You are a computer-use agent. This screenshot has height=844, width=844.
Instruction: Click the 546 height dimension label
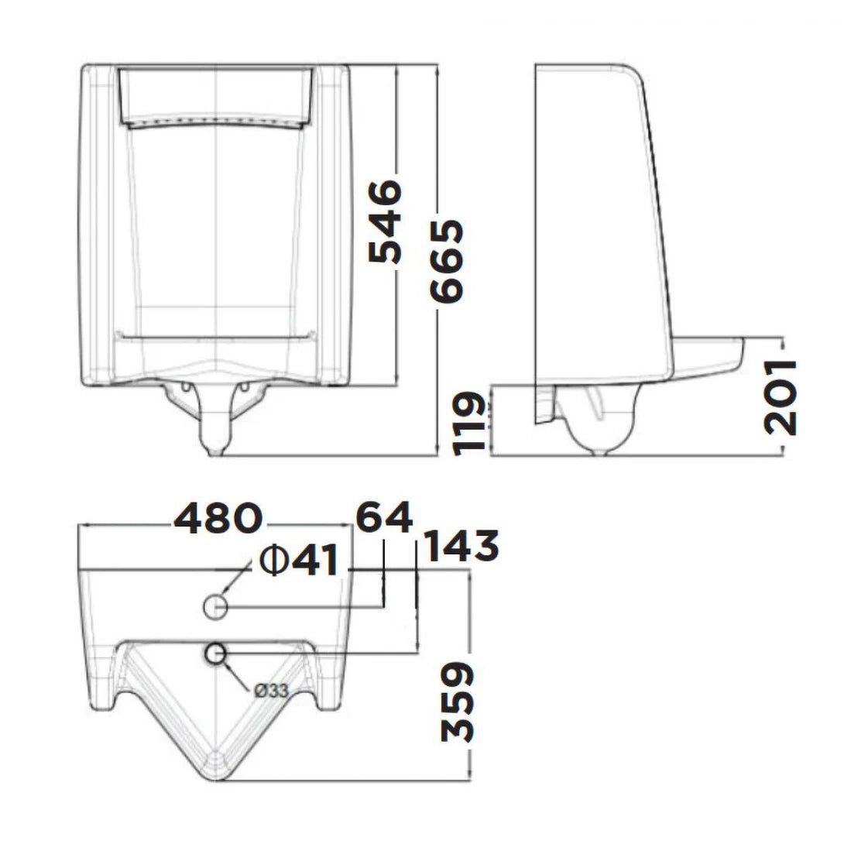pos(385,222)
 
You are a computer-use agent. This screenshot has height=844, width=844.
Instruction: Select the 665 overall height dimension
pos(448,261)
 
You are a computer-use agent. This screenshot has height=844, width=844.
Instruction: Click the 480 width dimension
pos(218,520)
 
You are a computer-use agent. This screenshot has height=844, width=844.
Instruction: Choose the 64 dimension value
pos(384,516)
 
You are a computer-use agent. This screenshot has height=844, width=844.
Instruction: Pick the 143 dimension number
pos(461,547)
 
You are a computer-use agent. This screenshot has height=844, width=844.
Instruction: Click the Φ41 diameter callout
pos(300,560)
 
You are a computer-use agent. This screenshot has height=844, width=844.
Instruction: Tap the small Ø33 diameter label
pos(270,691)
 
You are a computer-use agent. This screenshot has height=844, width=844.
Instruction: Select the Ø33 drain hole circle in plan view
pos(215,655)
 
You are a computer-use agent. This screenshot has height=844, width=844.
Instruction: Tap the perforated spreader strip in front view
pos(215,122)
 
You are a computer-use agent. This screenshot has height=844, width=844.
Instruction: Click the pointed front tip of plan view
pos(216,774)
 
